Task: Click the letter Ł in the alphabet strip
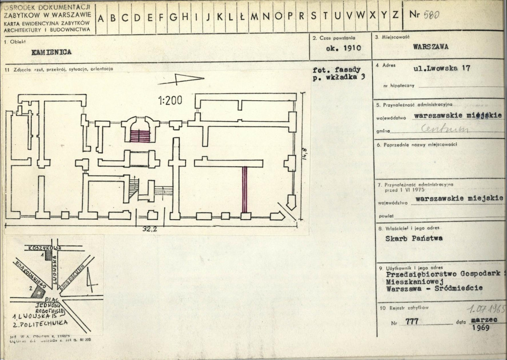(x=242, y=16)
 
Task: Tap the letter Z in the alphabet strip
(x=395, y=16)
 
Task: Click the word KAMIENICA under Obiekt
(x=51, y=52)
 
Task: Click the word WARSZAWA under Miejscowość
(x=431, y=47)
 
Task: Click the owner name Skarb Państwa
(x=414, y=238)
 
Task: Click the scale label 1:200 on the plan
(x=170, y=101)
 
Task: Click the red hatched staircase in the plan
(x=140, y=136)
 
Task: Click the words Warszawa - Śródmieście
(x=434, y=289)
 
